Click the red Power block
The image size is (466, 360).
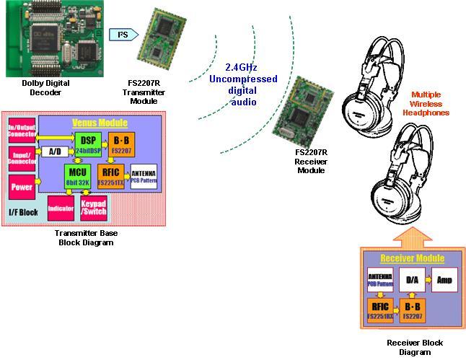tap(20, 188)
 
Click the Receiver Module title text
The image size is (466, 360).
tap(412, 258)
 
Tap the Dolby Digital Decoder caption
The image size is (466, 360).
tap(46, 87)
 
